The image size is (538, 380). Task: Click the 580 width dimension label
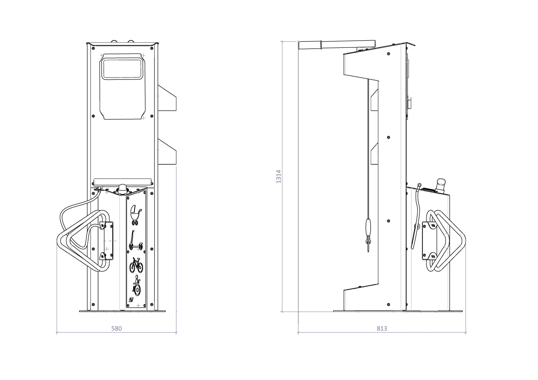point(116,328)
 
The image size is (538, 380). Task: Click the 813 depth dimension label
point(382,328)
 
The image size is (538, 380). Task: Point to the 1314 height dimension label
point(279,177)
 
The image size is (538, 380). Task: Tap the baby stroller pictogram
point(136,215)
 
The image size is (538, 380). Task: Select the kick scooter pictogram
point(136,241)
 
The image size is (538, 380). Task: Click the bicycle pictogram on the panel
point(136,265)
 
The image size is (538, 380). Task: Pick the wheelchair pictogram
point(137,287)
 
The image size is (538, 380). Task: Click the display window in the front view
point(122,69)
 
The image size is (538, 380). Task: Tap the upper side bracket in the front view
point(167,98)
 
